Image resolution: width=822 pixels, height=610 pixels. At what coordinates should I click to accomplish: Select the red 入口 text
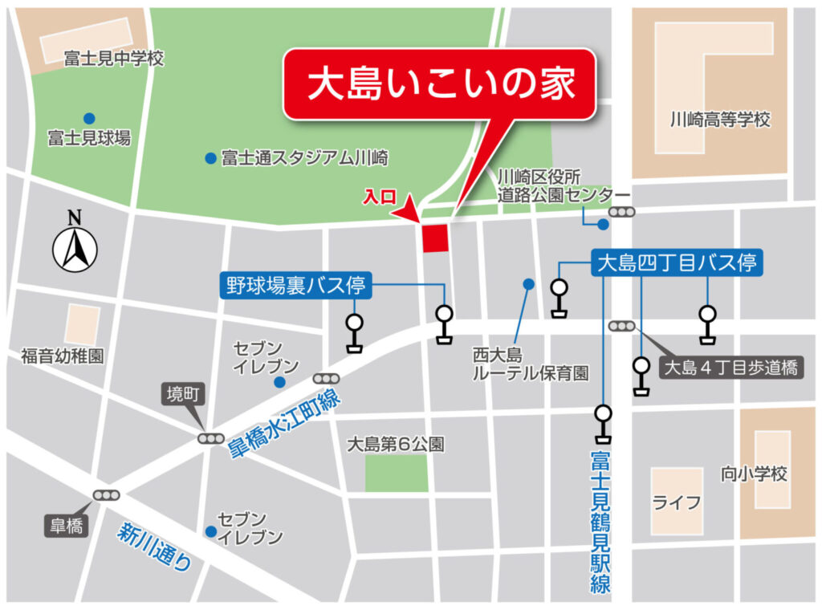378,196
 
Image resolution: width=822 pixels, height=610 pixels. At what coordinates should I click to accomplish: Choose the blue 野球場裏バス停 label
295,284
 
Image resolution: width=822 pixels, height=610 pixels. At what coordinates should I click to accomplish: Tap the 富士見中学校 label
113,59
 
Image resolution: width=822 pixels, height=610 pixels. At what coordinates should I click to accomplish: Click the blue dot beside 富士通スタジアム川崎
210,158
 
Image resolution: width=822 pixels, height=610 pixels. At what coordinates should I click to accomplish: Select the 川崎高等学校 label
720,120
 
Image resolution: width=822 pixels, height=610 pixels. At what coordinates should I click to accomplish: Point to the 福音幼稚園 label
62,356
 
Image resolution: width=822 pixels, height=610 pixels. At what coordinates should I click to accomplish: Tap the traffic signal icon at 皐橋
105,495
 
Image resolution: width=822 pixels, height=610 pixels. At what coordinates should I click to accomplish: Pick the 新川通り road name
157,547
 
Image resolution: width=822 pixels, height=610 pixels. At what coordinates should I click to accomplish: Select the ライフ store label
677,503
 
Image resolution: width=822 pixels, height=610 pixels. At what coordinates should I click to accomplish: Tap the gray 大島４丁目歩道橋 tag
730,368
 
